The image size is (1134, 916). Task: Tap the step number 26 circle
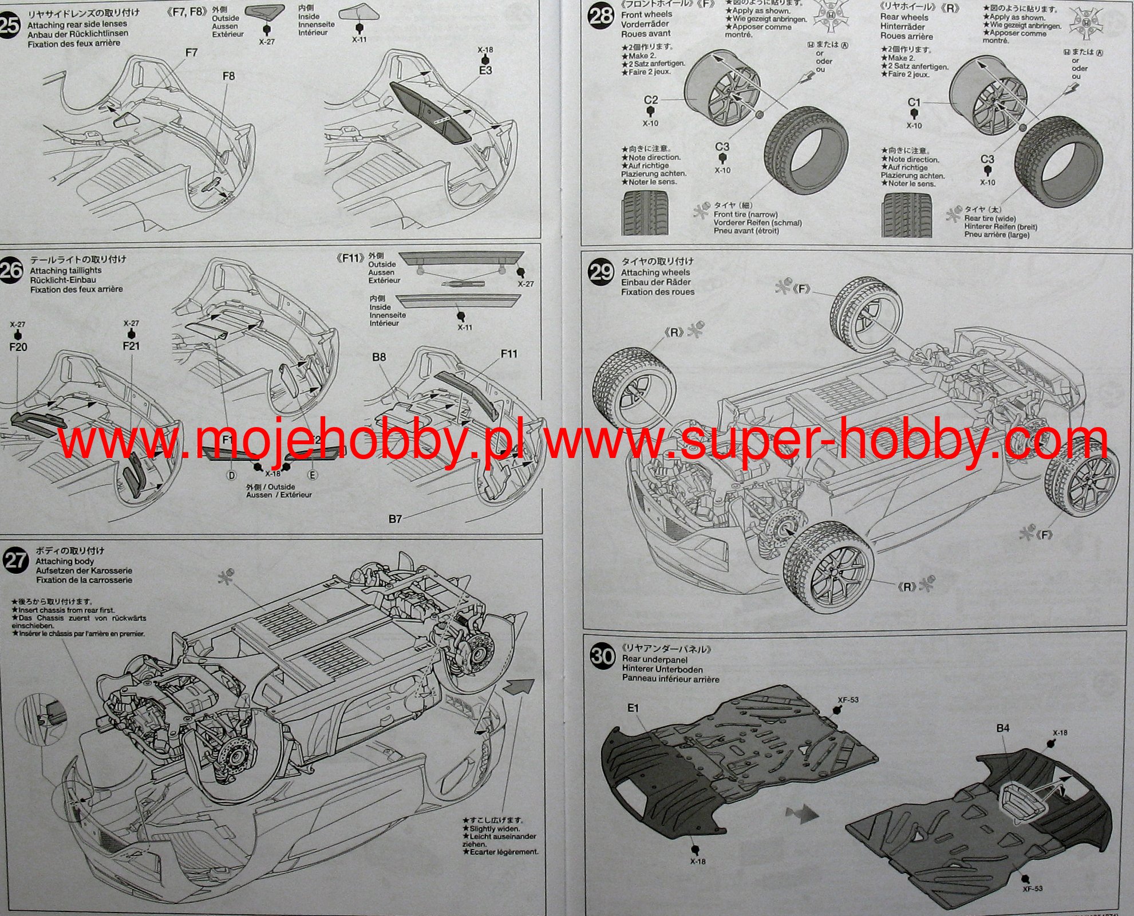pyautogui.click(x=11, y=270)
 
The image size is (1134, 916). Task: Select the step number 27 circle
pyautogui.click(x=15, y=560)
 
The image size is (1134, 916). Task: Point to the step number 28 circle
pyautogui.click(x=601, y=15)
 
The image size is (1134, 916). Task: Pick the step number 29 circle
pyautogui.click(x=601, y=271)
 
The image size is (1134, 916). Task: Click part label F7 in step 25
pyautogui.click(x=191, y=53)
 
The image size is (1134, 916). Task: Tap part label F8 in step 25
pyautogui.click(x=228, y=76)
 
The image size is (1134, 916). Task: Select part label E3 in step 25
pyautogui.click(x=485, y=70)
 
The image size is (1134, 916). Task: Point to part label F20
pyautogui.click(x=18, y=347)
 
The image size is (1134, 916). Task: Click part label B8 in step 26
pyautogui.click(x=379, y=357)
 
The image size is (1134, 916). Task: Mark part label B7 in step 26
pyautogui.click(x=395, y=519)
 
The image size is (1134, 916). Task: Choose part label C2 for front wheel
pyautogui.click(x=651, y=100)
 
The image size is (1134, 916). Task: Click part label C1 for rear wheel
pyautogui.click(x=914, y=102)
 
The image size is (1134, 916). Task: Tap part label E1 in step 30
pyautogui.click(x=633, y=708)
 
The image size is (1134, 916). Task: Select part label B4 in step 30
pyautogui.click(x=1003, y=728)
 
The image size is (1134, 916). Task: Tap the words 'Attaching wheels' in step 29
pyautogui.click(x=655, y=273)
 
